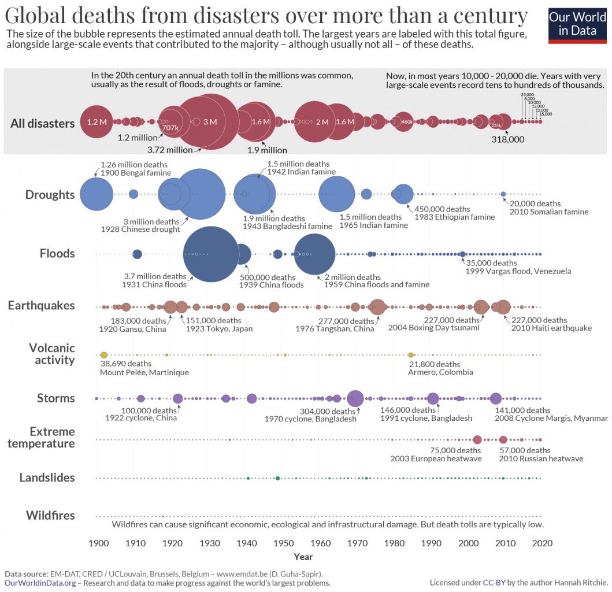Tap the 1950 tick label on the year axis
click(283, 543)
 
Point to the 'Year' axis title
click(303, 557)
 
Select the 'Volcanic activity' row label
click(52, 354)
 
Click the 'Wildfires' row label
click(50, 515)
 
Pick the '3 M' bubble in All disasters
click(209, 121)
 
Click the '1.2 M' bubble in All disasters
click(97, 122)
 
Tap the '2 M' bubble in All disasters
click(314, 122)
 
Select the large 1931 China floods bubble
click(210, 254)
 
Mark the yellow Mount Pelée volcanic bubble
click(104, 354)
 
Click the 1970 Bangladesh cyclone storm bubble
click(355, 398)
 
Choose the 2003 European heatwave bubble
click(477, 439)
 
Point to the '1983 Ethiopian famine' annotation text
click(454, 217)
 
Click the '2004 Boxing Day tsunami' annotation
click(434, 328)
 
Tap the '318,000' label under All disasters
click(508, 139)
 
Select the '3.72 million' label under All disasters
click(170, 150)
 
